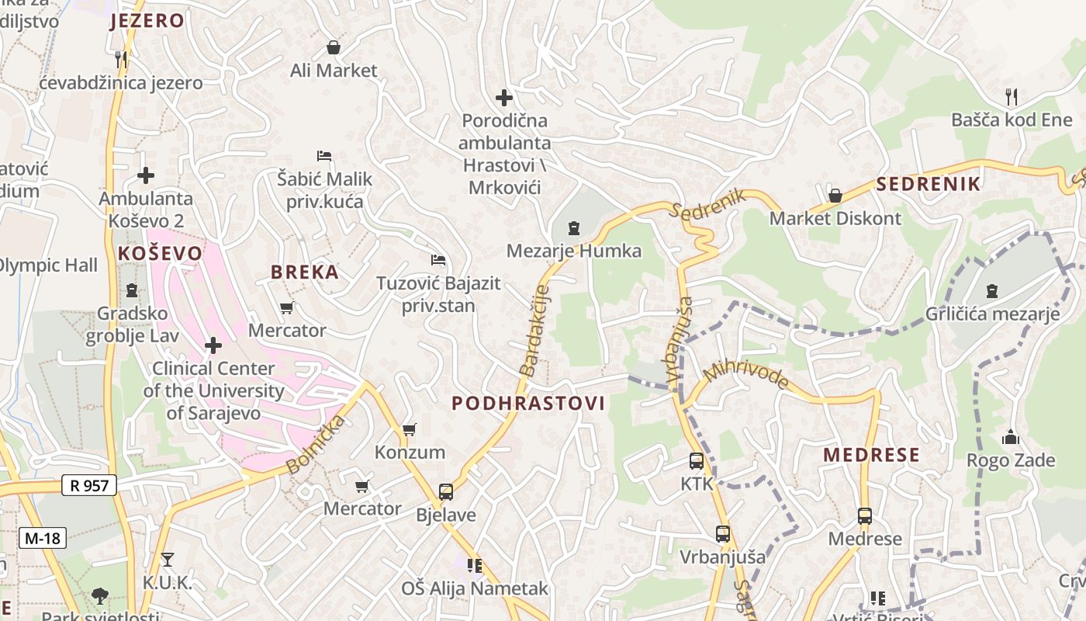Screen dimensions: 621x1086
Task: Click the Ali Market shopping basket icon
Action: [334, 47]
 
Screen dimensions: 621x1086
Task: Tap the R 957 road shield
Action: [88, 486]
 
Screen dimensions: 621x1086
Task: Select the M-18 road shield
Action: [43, 538]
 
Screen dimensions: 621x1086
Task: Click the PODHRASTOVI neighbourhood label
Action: [528, 403]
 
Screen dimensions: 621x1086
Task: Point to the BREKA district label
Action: [304, 272]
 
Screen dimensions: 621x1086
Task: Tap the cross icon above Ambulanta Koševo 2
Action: [145, 175]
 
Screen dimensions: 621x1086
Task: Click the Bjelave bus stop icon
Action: [445, 491]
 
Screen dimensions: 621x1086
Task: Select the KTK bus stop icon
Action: [696, 460]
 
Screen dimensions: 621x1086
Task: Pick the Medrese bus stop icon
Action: [864, 515]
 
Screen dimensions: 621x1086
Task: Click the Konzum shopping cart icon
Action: [409, 429]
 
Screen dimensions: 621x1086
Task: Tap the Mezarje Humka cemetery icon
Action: [573, 228]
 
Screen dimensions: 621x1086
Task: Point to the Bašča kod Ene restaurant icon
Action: [1011, 97]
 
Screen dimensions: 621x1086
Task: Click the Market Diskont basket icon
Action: [835, 196]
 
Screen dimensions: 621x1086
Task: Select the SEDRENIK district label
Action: [929, 184]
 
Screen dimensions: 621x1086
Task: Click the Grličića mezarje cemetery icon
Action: [991, 291]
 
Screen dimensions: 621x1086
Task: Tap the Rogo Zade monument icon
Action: [1010, 437]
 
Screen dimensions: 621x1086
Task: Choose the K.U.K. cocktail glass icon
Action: [167, 559]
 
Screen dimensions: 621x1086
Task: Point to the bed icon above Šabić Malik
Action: [324, 156]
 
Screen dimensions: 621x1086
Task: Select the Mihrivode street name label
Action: [745, 373]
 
